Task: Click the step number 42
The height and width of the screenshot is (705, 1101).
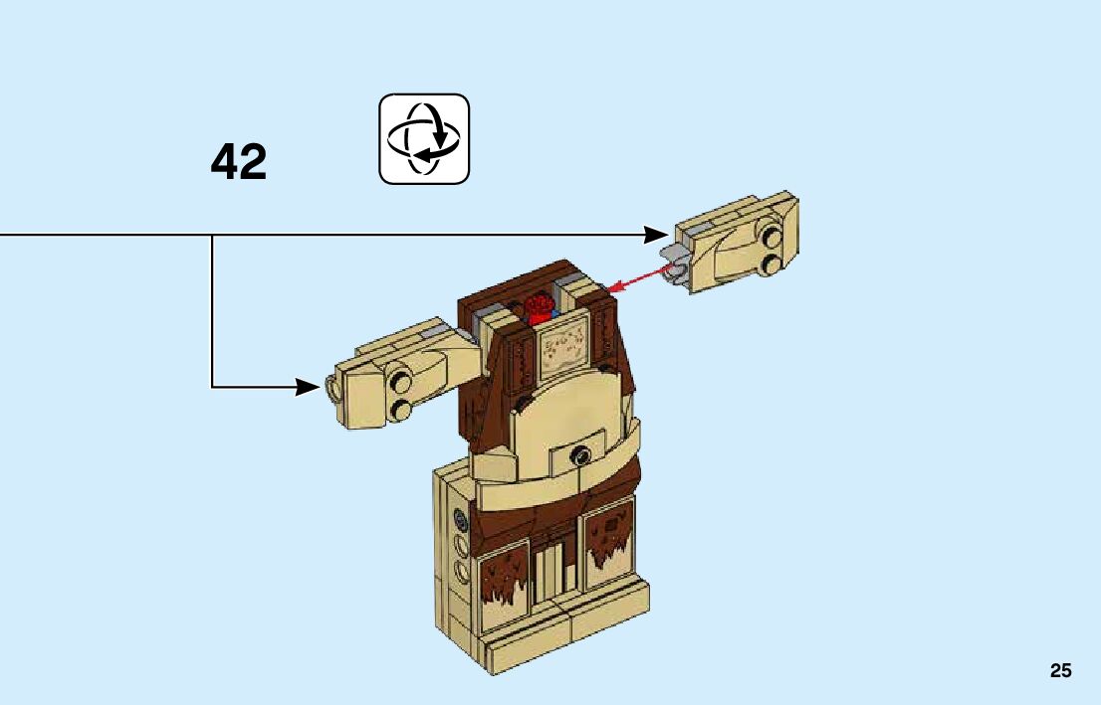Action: click(239, 162)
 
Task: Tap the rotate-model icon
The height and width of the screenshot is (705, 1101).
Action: click(424, 139)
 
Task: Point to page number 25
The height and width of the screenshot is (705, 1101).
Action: click(1060, 671)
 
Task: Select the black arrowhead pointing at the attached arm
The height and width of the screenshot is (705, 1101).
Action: click(309, 386)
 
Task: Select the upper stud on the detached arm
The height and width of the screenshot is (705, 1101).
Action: click(771, 237)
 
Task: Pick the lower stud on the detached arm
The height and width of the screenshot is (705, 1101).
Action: click(772, 263)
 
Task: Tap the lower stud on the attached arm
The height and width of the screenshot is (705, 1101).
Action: click(401, 409)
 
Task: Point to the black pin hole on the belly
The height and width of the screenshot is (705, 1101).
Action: click(577, 456)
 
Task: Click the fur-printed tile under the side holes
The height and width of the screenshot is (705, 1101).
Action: click(505, 580)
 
